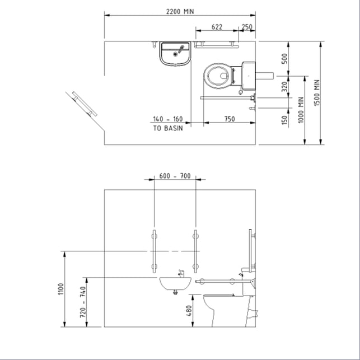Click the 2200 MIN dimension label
[180, 12]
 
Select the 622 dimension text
[217, 27]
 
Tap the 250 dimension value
[247, 27]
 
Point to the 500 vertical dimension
[284, 59]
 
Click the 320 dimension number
[284, 87]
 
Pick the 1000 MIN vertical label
[301, 110]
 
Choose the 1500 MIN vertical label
[317, 93]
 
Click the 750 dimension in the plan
[230, 119]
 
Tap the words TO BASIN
[168, 128]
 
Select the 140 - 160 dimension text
[168, 119]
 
